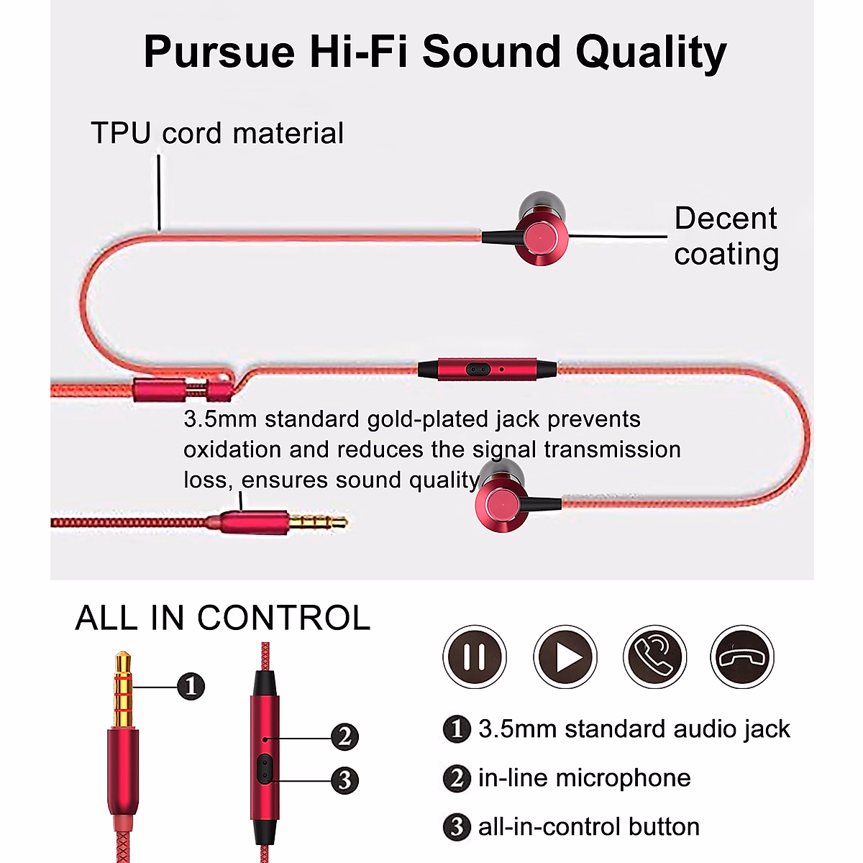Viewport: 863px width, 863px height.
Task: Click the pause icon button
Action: [475, 657]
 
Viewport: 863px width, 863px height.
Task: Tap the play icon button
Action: [565, 657]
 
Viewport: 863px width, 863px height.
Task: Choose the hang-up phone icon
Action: [742, 657]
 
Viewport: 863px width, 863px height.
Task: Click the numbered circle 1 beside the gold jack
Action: [191, 686]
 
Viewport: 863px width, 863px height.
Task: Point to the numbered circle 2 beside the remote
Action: [344, 736]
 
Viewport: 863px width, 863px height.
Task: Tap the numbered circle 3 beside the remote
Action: [344, 780]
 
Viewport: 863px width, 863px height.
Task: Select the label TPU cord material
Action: [217, 134]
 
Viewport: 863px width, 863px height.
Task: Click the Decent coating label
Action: [726, 236]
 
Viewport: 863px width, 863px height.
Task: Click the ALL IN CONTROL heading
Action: [223, 618]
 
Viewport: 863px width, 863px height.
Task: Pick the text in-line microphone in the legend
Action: [584, 777]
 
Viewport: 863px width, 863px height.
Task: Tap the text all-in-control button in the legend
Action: [588, 826]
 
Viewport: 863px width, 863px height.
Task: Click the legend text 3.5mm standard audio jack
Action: [634, 729]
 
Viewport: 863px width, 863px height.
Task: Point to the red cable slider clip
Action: [183, 391]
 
